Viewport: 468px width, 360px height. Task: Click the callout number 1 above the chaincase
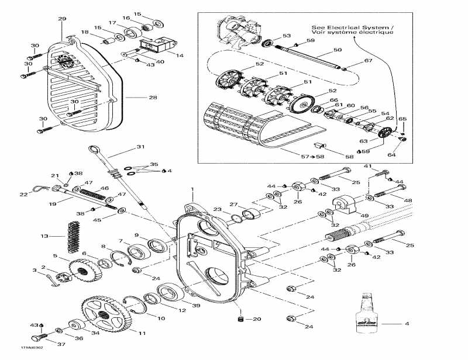192,190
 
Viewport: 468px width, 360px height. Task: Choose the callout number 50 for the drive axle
337,51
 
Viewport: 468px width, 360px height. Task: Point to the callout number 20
256,319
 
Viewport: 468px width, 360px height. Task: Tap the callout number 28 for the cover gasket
153,97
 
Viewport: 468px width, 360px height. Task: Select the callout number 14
180,56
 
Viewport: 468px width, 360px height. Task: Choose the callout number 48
407,200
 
